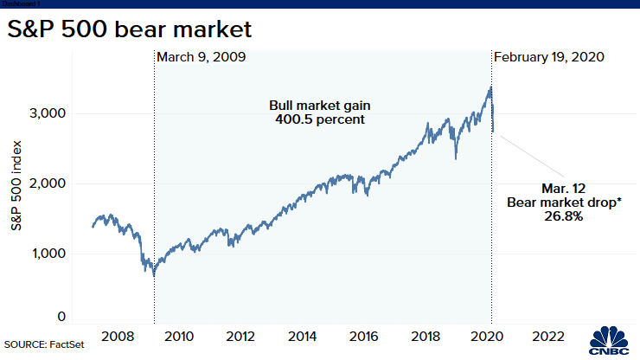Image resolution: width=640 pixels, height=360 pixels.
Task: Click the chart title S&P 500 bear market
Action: [x=130, y=29]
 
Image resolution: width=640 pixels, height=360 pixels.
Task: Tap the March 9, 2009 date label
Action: [x=202, y=57]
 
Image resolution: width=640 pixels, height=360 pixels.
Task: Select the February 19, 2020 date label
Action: [x=548, y=57]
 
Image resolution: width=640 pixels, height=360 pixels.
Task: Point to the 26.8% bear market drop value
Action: [x=556, y=216]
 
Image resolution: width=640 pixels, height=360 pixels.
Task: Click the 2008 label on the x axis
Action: [x=117, y=336]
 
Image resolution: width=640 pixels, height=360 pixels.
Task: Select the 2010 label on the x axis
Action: [x=178, y=336]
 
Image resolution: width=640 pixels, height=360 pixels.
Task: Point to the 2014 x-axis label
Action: [x=301, y=336]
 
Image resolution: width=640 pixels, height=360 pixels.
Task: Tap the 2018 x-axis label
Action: [x=425, y=336]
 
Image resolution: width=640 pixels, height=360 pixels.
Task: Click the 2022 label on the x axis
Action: [x=547, y=336]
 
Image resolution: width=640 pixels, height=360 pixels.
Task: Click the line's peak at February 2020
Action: [x=491, y=87]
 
